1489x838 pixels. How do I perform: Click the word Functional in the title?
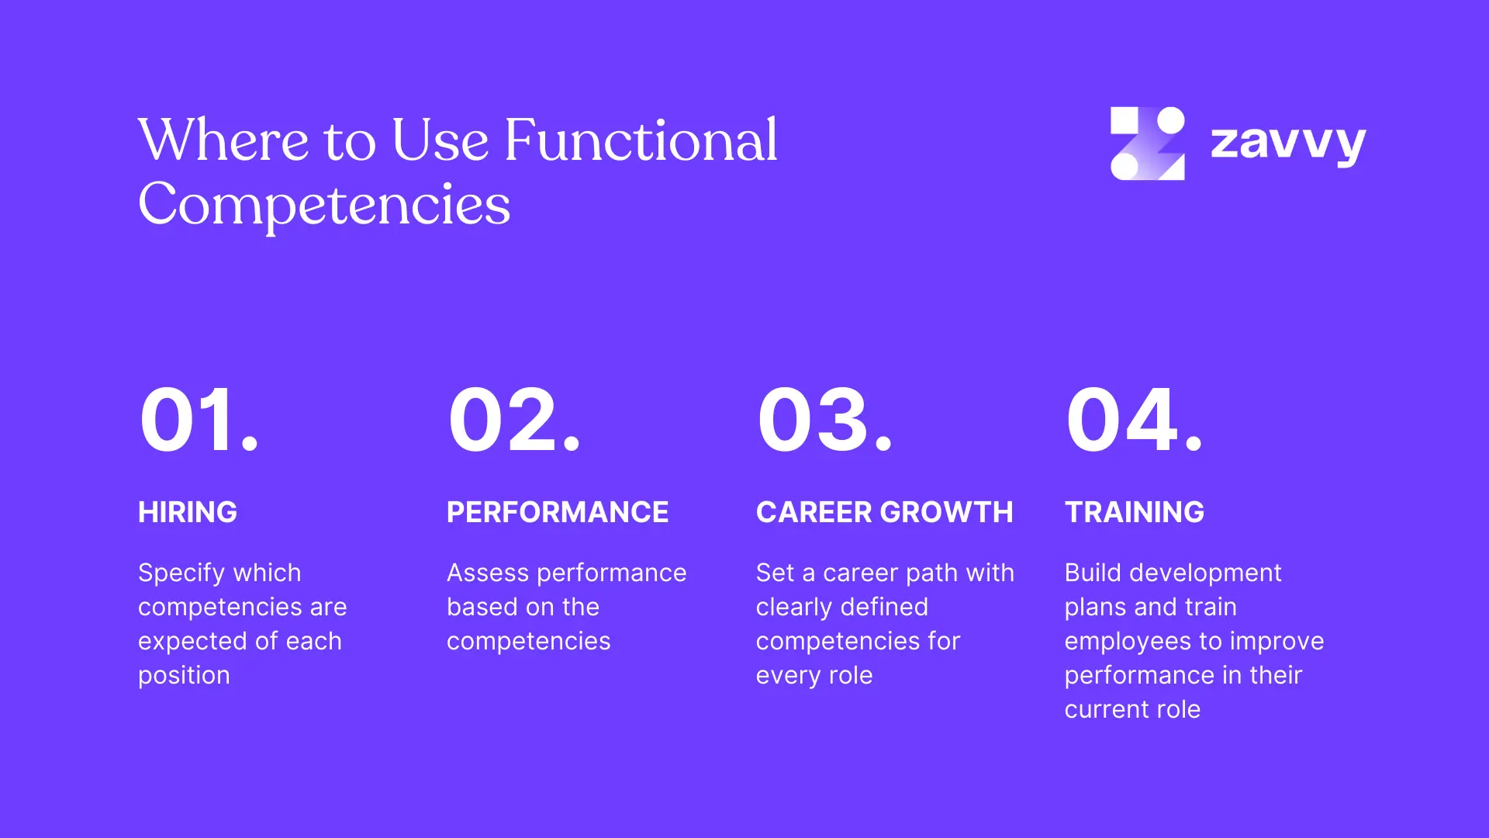point(641,140)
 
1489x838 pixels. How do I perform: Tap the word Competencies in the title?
point(324,206)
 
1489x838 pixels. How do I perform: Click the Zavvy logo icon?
point(1147,144)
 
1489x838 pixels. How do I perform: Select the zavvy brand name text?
point(1288,144)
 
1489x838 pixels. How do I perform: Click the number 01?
point(199,420)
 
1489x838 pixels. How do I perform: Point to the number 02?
point(514,420)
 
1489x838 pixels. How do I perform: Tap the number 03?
point(825,420)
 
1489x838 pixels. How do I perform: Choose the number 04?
point(1134,420)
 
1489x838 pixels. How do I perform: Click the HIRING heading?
point(188,512)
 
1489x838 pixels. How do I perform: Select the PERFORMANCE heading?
point(558,512)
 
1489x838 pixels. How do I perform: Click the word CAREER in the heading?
point(814,512)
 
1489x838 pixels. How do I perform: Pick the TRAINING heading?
point(1135,512)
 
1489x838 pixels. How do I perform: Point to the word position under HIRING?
point(184,676)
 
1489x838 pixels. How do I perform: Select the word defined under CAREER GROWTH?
point(885,607)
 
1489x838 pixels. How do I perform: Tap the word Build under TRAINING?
point(1093,573)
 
